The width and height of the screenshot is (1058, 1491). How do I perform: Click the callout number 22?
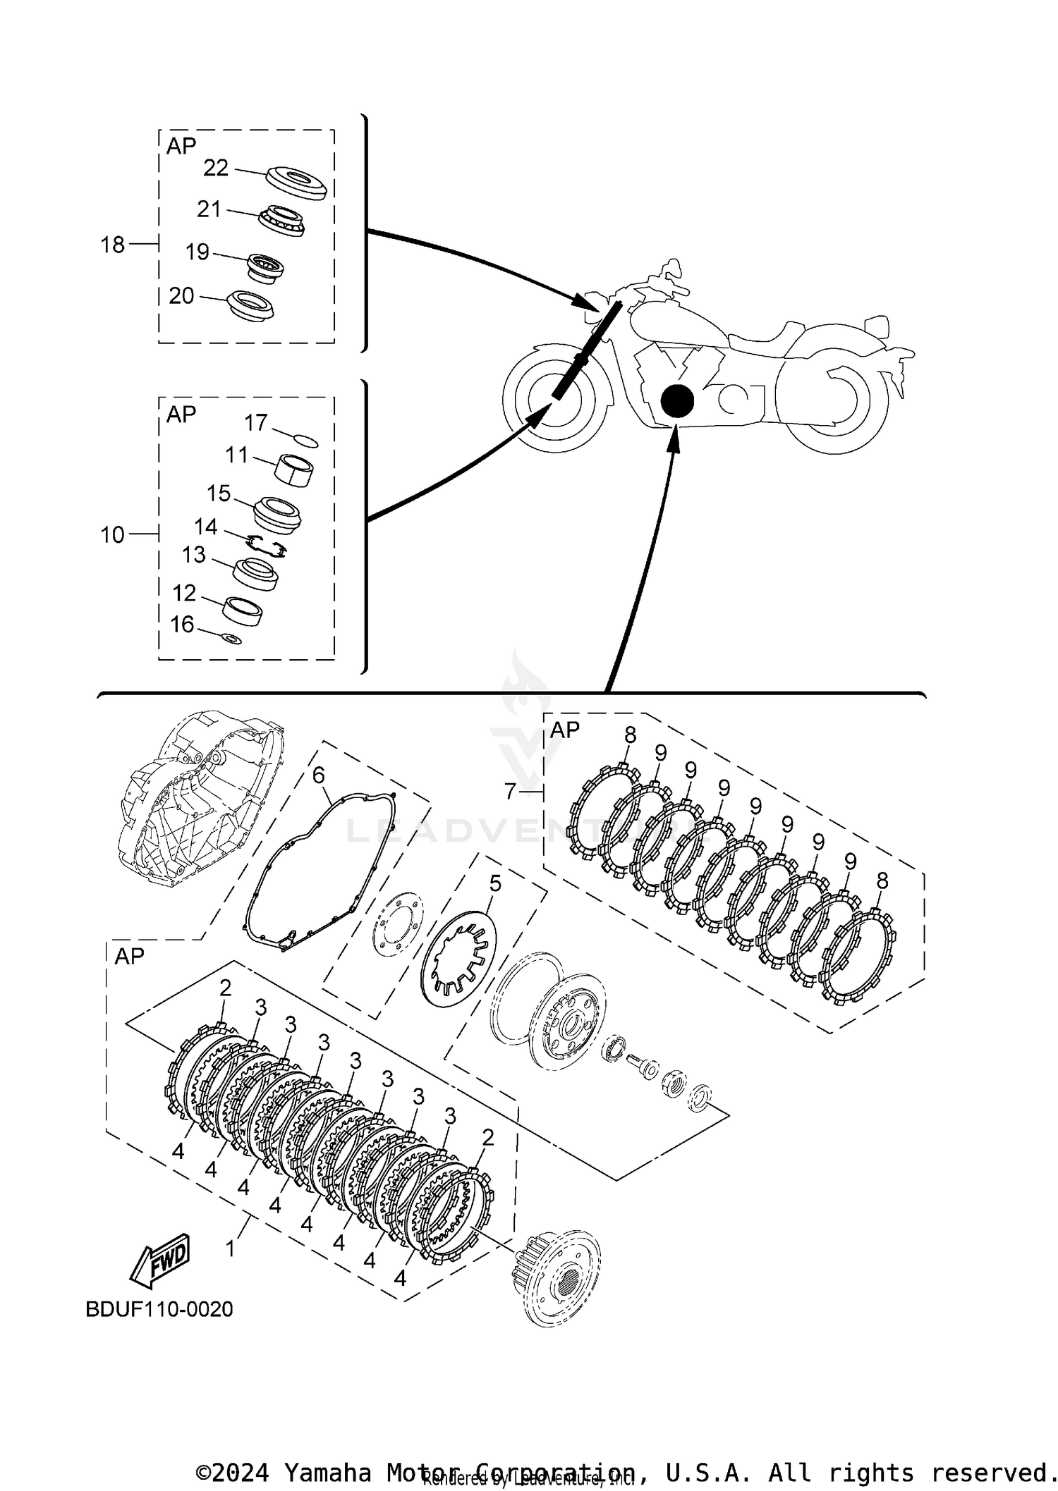tap(216, 168)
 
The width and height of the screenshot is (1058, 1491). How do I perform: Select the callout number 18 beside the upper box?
tap(113, 245)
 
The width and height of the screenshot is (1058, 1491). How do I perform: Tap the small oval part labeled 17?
tap(305, 441)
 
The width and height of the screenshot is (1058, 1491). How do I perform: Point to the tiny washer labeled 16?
tap(231, 639)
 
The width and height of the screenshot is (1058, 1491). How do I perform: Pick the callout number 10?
tap(113, 535)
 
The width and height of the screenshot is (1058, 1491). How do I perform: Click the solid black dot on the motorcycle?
tap(677, 401)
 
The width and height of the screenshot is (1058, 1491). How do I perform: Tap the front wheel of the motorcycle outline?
tap(554, 399)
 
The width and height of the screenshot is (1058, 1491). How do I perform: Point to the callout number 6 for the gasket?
tap(319, 776)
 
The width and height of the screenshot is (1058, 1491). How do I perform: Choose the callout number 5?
tap(495, 883)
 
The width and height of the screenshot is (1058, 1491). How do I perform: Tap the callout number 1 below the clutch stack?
tap(231, 1248)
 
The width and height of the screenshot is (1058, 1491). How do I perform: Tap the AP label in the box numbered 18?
tap(181, 146)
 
